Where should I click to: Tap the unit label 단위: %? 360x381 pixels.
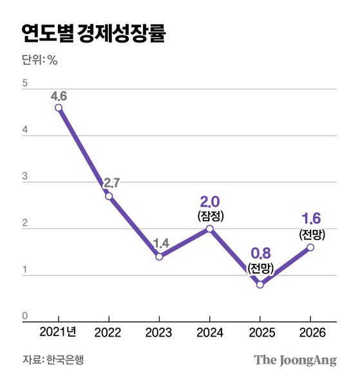(x=40, y=63)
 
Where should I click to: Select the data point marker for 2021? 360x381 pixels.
(x=59, y=107)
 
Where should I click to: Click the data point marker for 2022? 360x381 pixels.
(x=109, y=196)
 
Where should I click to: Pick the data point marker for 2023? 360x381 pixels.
(x=159, y=256)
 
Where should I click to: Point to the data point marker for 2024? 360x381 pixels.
(x=209, y=228)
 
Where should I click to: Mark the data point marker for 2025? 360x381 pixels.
(x=260, y=284)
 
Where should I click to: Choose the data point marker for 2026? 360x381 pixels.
(x=310, y=247)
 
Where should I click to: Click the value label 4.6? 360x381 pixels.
(x=59, y=97)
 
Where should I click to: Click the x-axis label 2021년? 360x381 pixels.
(x=59, y=332)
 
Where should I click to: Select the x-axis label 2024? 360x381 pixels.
(x=209, y=333)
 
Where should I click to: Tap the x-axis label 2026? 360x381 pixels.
(x=310, y=333)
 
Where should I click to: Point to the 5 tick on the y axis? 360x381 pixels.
(x=24, y=84)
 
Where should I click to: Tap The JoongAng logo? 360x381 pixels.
(x=295, y=360)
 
